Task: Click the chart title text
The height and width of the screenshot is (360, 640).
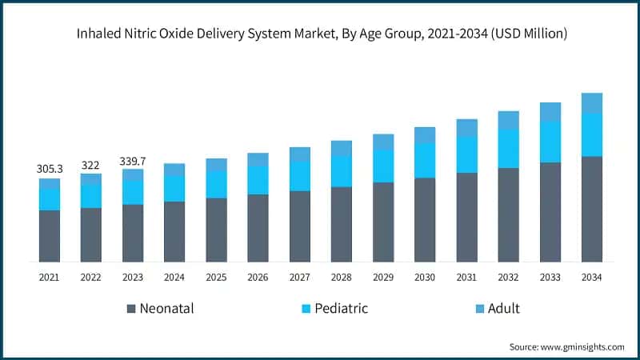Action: pyautogui.click(x=320, y=34)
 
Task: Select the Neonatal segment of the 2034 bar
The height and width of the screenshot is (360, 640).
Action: pyautogui.click(x=591, y=209)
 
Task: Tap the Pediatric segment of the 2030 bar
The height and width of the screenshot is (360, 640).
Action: pyautogui.click(x=425, y=160)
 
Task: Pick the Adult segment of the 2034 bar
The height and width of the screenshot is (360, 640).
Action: pyautogui.click(x=591, y=102)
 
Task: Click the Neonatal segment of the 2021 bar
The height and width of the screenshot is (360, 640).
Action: pyautogui.click(x=50, y=236)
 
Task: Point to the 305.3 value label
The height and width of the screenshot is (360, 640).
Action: pyautogui.click(x=50, y=169)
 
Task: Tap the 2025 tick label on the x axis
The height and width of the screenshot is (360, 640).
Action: pyautogui.click(x=216, y=277)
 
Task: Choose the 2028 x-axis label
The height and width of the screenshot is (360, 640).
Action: pyautogui.click(x=341, y=277)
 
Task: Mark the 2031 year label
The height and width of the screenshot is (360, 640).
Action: pyautogui.click(x=466, y=277)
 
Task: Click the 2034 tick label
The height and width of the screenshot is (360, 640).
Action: pyautogui.click(x=591, y=277)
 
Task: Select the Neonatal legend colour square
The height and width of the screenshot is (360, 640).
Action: pyautogui.click(x=130, y=309)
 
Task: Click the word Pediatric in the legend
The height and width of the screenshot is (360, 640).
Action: pyautogui.click(x=342, y=309)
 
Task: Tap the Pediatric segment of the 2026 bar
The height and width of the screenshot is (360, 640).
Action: pyautogui.click(x=258, y=180)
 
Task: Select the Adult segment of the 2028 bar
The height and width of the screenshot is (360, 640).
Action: pyautogui.click(x=341, y=148)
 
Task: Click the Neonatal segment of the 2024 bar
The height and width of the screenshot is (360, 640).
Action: pyautogui.click(x=174, y=231)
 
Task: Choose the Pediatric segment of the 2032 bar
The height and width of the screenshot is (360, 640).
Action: pyautogui.click(x=508, y=149)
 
